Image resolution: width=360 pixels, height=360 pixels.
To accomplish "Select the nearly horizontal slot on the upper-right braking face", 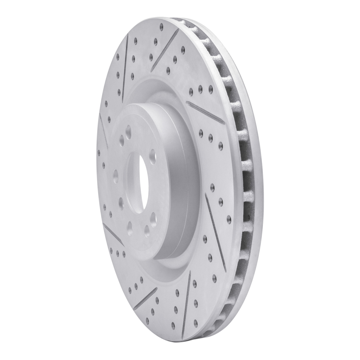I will click(205, 111).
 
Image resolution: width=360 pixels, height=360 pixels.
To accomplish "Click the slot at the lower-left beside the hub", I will click(113, 233).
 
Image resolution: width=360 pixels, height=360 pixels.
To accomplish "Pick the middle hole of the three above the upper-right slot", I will click(200, 89).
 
